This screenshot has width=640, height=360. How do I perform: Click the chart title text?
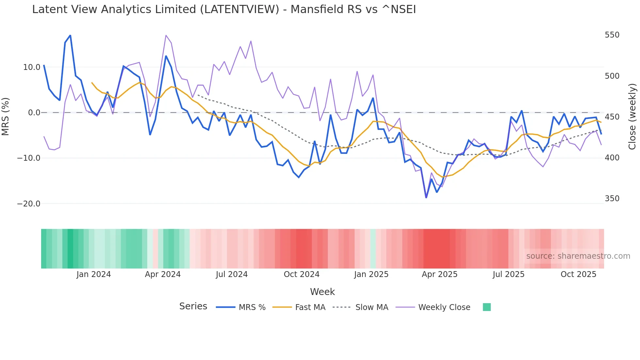224,9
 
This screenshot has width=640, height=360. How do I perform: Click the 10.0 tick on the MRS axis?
32,67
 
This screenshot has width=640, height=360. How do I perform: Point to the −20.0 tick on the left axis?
29,204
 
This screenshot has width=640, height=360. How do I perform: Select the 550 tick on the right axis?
612,35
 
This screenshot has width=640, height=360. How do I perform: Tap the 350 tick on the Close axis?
612,199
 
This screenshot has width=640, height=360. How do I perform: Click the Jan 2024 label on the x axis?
94,274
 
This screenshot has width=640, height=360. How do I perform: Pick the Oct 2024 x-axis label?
301,274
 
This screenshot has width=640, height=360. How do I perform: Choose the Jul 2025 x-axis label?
508,274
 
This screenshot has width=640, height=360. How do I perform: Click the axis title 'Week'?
322,292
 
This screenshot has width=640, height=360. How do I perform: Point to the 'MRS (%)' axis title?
6,116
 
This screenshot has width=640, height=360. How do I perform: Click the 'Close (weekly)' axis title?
632,117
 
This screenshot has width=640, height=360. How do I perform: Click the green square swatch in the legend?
487,307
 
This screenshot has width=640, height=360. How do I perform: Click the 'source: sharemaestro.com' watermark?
578,256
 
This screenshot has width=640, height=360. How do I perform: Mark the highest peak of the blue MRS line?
70,35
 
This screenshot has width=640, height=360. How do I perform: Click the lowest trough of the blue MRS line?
426,198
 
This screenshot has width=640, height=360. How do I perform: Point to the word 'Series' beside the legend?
193,306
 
